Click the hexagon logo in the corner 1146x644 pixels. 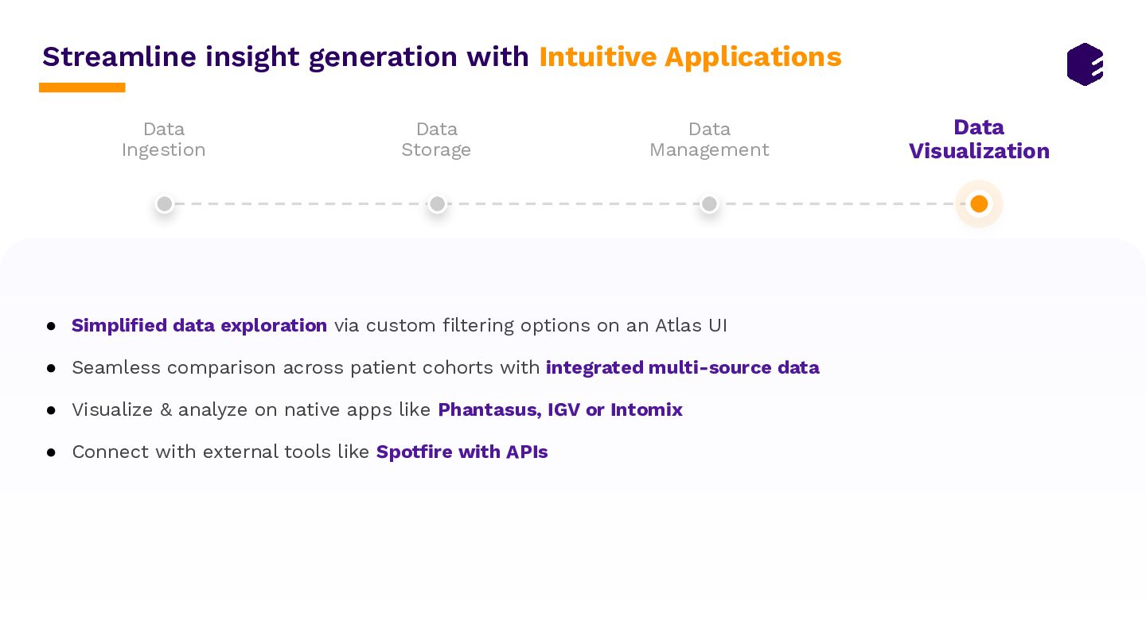click(x=1085, y=64)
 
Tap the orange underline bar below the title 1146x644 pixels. click(x=82, y=87)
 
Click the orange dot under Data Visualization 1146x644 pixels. click(x=979, y=204)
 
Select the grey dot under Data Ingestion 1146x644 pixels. click(x=164, y=204)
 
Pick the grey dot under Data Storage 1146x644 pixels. click(x=437, y=204)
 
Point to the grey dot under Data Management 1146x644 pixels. click(x=709, y=204)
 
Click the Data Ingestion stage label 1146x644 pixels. click(x=164, y=140)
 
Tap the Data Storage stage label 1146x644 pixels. click(x=436, y=140)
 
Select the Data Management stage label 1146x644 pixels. click(x=709, y=140)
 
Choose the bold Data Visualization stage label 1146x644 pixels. click(x=979, y=140)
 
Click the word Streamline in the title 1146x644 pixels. click(x=119, y=56)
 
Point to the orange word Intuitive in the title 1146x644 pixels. click(x=598, y=56)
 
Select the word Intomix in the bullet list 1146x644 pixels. click(x=647, y=410)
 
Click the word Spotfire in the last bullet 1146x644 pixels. click(x=415, y=452)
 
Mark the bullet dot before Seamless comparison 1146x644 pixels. click(x=51, y=368)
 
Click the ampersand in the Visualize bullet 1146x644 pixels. click(x=166, y=410)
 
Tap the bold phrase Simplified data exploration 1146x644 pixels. click(x=199, y=326)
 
